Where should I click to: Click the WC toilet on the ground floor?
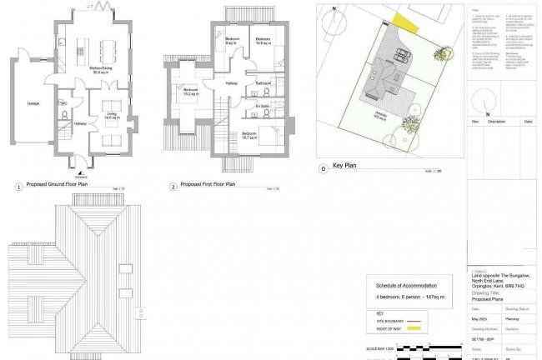63,113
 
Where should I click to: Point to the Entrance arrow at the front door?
80,172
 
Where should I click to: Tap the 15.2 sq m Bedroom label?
190,93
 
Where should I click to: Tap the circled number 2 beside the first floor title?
173,187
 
